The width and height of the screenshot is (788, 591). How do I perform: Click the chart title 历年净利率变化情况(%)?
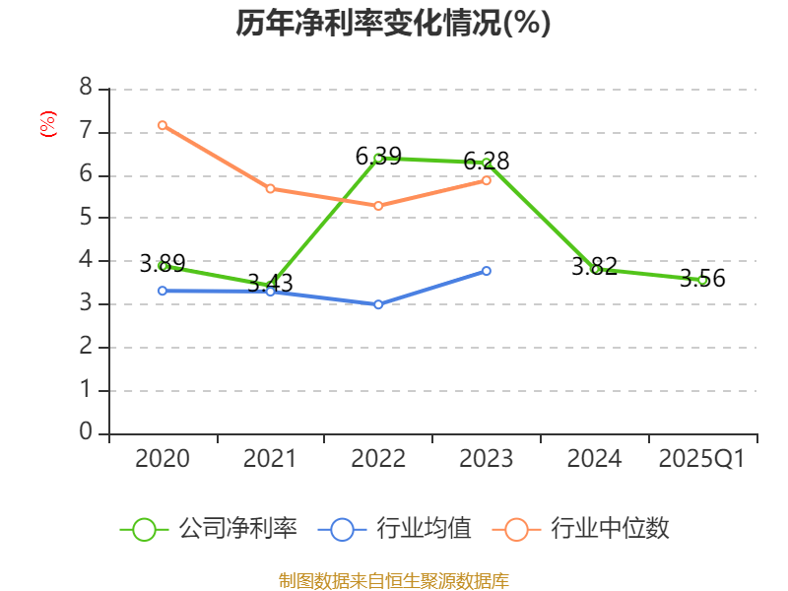click(x=393, y=23)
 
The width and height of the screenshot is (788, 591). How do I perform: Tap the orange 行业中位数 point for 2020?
click(x=163, y=125)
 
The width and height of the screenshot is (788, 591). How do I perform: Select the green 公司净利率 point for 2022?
click(x=378, y=158)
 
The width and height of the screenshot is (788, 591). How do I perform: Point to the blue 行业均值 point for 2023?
click(x=487, y=271)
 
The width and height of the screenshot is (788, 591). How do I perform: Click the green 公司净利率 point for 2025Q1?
click(x=702, y=280)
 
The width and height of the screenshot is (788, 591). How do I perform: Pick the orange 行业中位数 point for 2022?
click(x=378, y=206)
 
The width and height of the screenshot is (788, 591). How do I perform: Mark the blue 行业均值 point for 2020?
click(x=163, y=291)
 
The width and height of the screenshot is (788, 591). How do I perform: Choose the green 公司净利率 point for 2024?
click(x=595, y=268)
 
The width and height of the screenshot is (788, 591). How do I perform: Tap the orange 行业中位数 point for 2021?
click(x=270, y=188)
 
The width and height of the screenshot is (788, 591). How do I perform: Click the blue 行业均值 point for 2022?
click(x=378, y=304)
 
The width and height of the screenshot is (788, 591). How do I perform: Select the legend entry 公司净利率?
click(x=209, y=529)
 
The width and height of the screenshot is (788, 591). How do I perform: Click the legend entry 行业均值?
click(x=395, y=529)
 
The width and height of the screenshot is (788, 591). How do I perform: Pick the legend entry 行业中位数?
click(x=587, y=529)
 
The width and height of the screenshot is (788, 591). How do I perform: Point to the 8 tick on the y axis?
click(x=86, y=89)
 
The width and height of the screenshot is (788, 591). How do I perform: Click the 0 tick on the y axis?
click(x=86, y=433)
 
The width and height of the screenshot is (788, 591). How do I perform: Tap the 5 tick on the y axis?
click(x=86, y=218)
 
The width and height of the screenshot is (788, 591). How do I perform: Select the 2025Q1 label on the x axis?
click(x=702, y=459)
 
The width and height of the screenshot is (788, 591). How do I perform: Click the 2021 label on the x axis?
click(x=270, y=459)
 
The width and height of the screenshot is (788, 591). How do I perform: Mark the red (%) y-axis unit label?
click(x=47, y=124)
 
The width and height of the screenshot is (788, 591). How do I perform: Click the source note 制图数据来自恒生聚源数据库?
click(x=393, y=580)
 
